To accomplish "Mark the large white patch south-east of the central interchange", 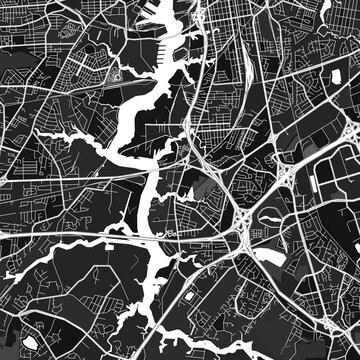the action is click(x=268, y=256).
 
